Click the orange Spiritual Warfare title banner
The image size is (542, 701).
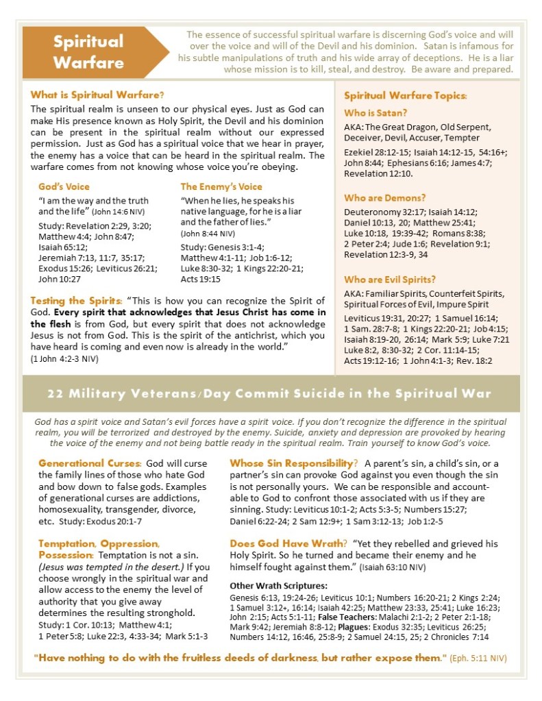[x=89, y=52]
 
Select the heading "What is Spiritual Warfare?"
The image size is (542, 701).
[x=97, y=95]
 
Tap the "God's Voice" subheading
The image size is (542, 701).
[x=64, y=186]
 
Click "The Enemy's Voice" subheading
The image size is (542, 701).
[x=221, y=186]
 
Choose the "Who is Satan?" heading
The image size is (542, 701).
[x=375, y=112]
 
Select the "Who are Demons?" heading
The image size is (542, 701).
[x=385, y=197]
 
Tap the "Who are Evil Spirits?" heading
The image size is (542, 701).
[x=389, y=280]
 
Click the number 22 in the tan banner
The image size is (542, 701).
[x=57, y=393]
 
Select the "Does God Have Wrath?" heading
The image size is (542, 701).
[x=284, y=543]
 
